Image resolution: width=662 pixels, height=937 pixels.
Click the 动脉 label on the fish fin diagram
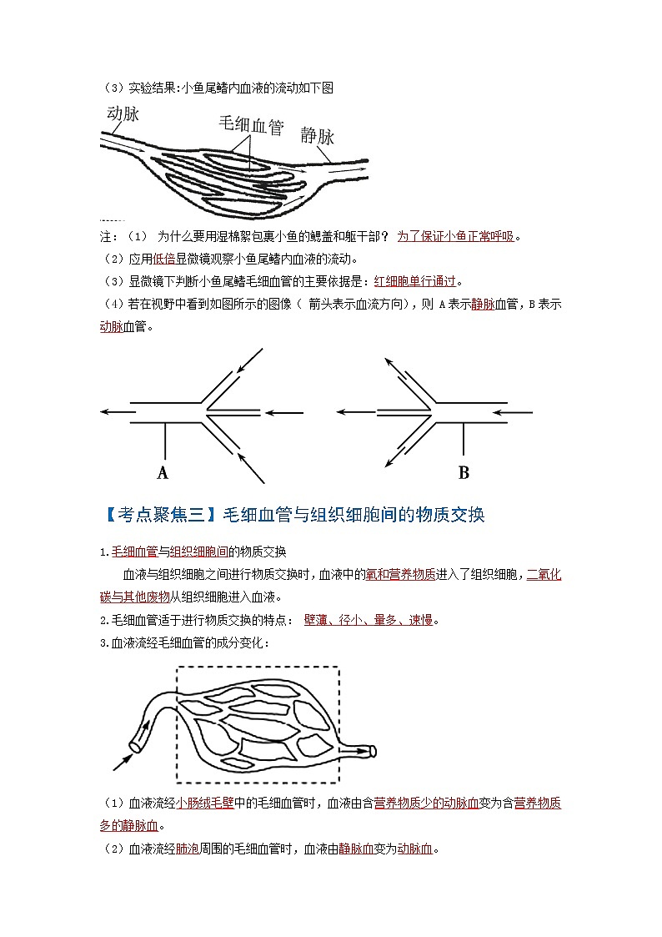point(123,114)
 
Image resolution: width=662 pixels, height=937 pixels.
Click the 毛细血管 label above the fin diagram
point(250,125)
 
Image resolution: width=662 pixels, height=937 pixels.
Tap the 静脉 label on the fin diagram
point(318,135)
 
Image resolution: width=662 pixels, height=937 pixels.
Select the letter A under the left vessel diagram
point(163,473)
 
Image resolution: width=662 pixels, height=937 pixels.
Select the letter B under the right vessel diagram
point(464,473)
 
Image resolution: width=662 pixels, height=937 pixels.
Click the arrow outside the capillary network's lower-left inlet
point(123,761)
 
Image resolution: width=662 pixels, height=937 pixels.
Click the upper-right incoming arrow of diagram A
point(249,360)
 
